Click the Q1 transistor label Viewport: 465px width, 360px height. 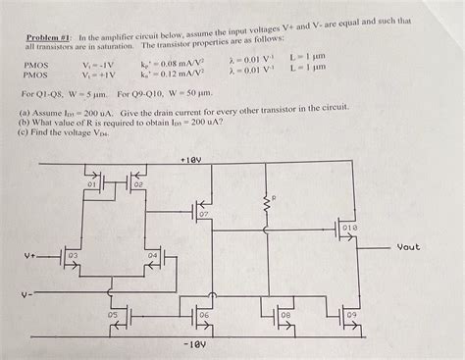92,184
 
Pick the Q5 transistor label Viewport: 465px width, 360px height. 113,315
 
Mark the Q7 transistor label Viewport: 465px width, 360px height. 203,214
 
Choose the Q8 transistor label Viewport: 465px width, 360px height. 286,315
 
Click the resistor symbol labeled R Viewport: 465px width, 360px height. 264,205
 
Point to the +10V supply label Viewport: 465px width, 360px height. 192,157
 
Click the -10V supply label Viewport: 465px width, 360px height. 192,344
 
